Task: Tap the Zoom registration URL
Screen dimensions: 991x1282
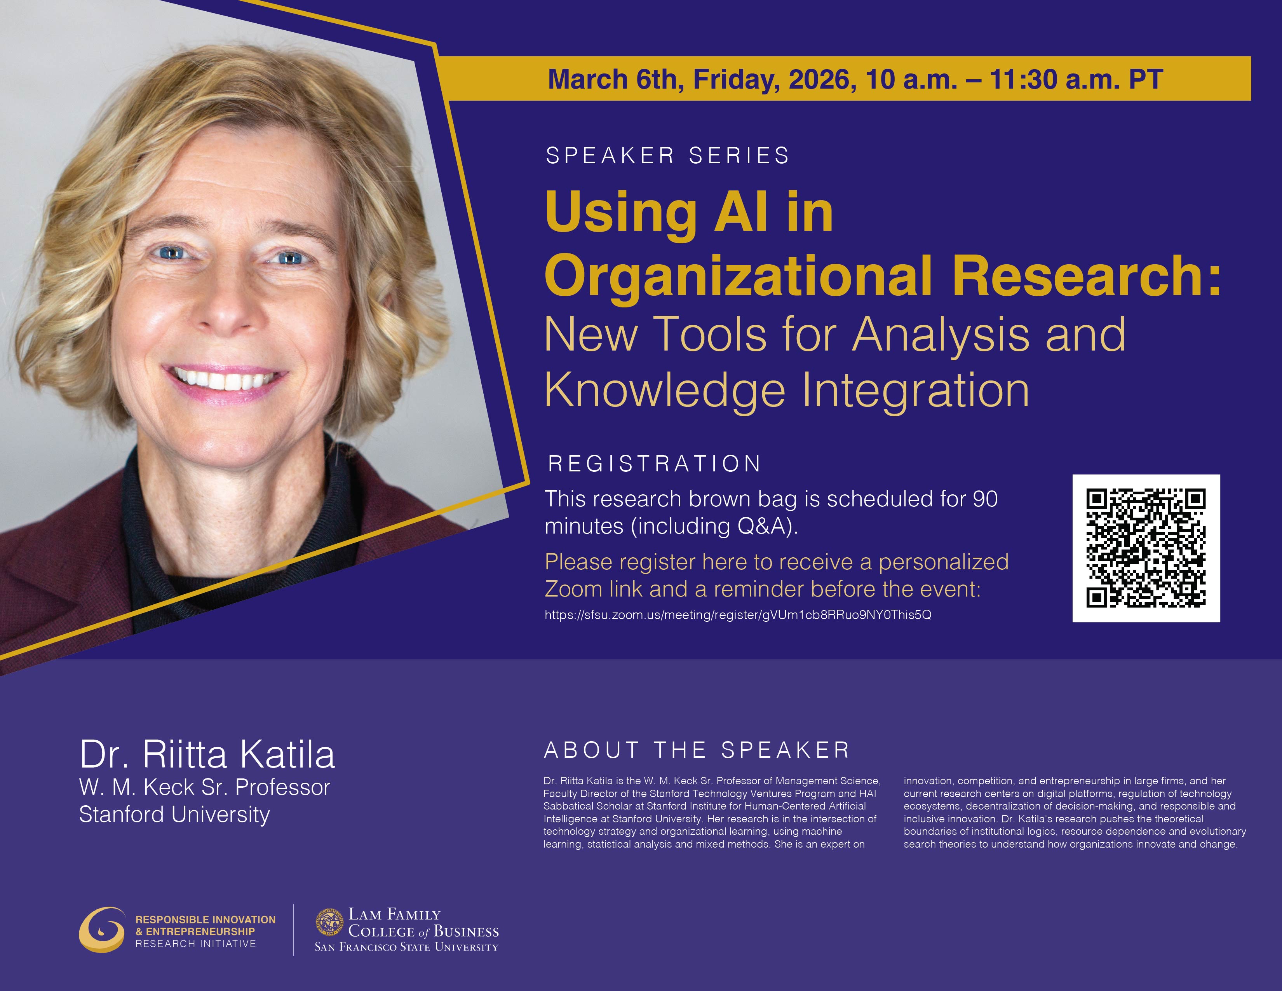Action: [737, 615]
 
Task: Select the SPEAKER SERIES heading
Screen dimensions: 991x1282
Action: [667, 155]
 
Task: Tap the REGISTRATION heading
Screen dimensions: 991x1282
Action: [655, 464]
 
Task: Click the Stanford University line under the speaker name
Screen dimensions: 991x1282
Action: [174, 814]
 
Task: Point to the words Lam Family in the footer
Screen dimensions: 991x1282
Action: [394, 915]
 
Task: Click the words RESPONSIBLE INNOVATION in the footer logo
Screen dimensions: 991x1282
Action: [206, 920]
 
